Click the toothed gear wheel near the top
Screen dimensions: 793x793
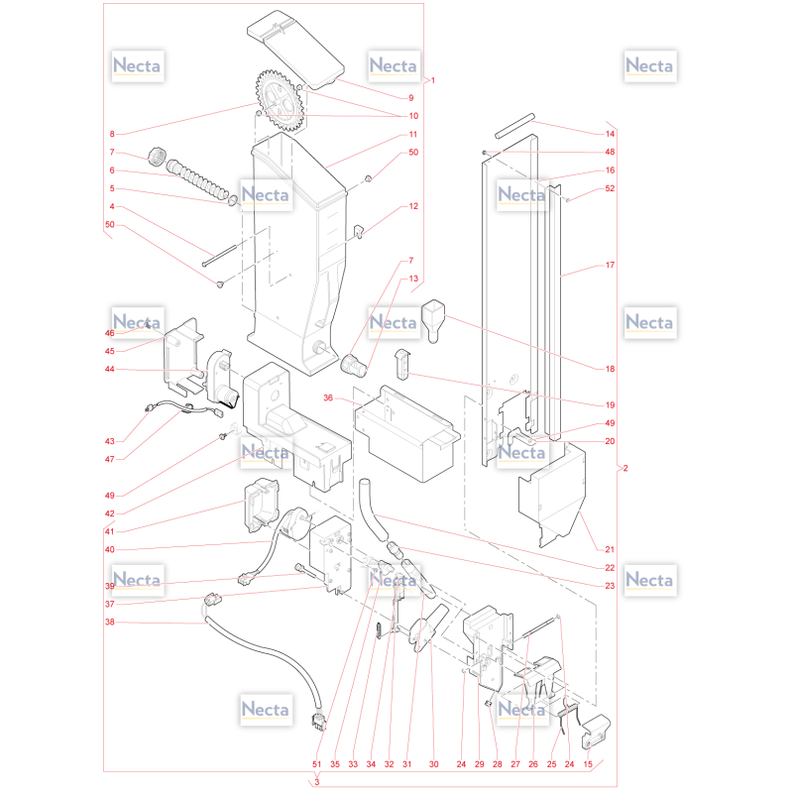[x=280, y=101]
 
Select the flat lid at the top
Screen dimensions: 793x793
[x=295, y=49]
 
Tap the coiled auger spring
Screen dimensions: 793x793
[x=197, y=179]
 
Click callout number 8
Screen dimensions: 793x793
[x=112, y=134]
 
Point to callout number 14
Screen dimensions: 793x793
[x=610, y=134]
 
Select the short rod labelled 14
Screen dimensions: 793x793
[x=514, y=126]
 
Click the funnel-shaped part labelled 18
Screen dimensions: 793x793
[x=433, y=320]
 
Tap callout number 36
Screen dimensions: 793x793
[x=328, y=398]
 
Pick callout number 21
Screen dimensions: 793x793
[x=610, y=549]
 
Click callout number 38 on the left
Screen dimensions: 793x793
[x=110, y=623]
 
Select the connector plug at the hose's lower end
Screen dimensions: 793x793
[x=318, y=722]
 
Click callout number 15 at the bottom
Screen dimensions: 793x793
[x=588, y=764]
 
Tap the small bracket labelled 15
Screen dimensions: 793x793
[x=596, y=732]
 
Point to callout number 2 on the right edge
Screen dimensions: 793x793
[x=625, y=468]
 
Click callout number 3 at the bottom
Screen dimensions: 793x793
[x=317, y=782]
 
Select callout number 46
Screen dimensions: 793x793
[x=110, y=333]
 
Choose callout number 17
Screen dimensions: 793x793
[x=610, y=265]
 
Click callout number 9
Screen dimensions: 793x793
[x=411, y=98]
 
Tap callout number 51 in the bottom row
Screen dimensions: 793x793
[x=316, y=764]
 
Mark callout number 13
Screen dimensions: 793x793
[x=413, y=279]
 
